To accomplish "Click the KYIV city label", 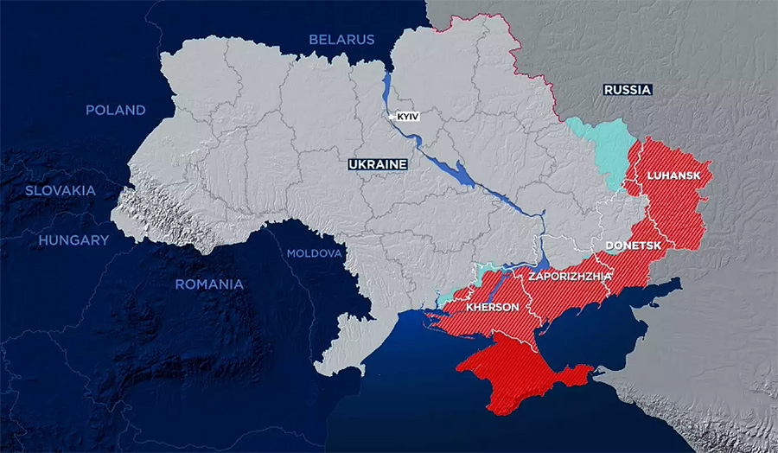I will click(406, 116).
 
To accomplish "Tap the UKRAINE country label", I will click(377, 163).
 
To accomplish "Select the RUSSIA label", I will click(628, 89).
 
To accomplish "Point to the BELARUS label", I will click(342, 39).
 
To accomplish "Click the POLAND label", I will click(115, 110).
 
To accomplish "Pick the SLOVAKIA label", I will click(58, 190).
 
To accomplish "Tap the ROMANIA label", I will click(209, 284).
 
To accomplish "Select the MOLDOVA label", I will click(315, 253).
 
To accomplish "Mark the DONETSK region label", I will click(634, 246).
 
